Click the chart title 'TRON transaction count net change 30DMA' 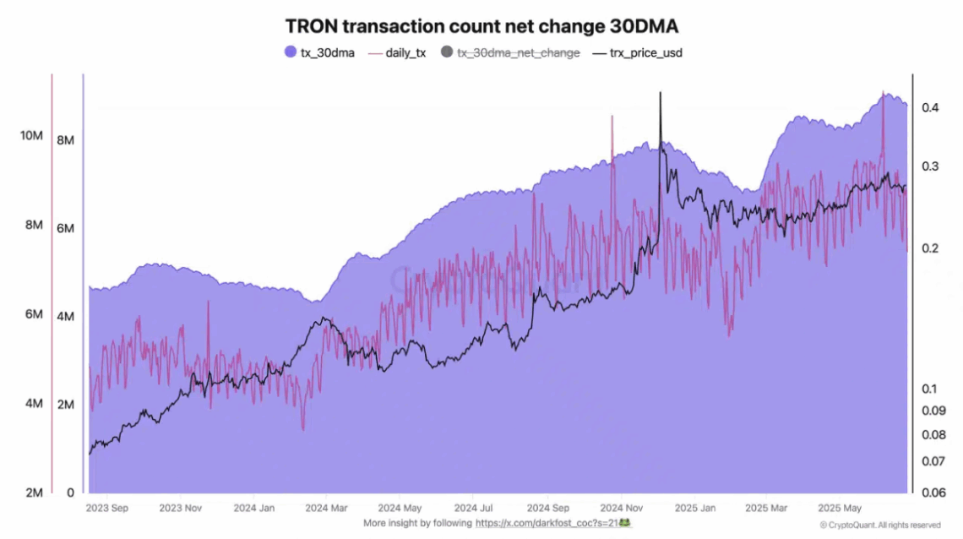[481, 25]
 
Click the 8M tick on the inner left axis [65, 139]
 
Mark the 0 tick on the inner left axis [70, 493]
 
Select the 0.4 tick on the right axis [930, 107]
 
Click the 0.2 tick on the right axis [930, 248]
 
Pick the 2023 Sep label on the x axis [107, 509]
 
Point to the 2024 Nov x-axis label [621, 509]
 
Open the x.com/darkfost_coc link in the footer [547, 524]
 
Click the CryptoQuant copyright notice [879, 525]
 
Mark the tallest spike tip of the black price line [660, 92]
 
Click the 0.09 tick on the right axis [933, 411]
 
